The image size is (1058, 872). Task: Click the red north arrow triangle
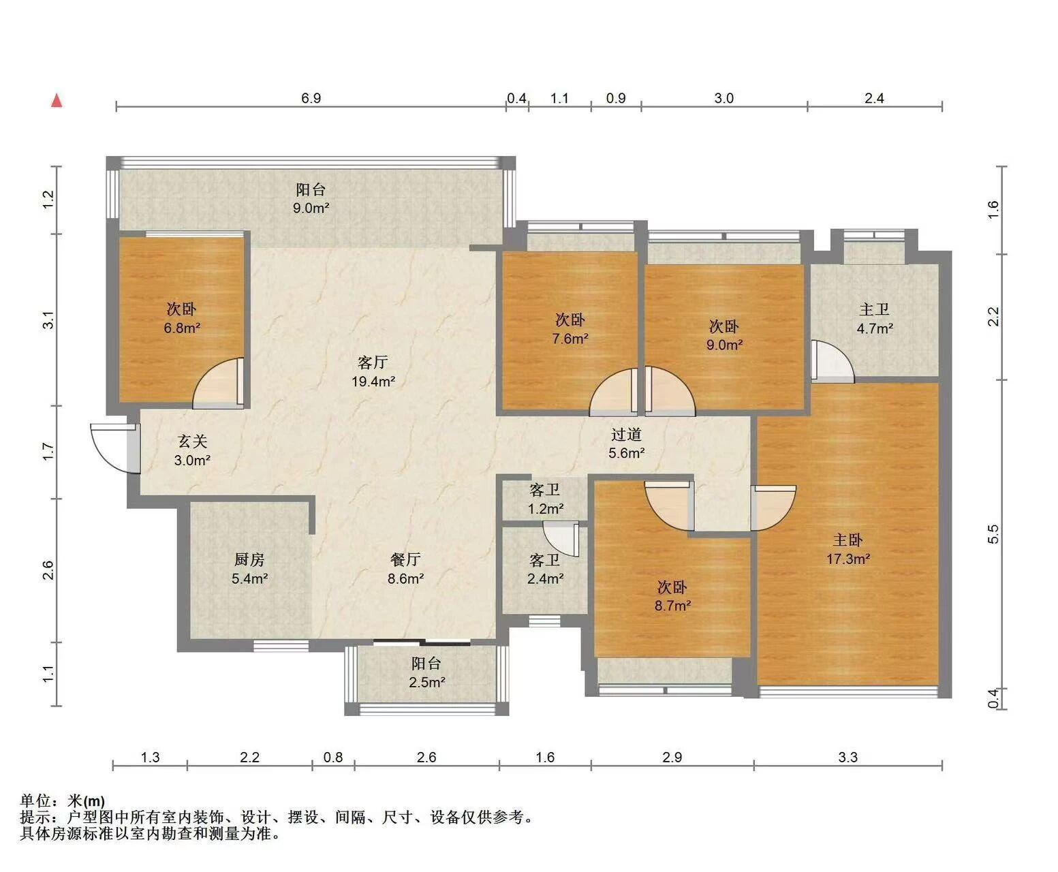[x=57, y=101]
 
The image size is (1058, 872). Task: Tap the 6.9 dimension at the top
[x=311, y=98]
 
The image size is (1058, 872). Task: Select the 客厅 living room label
[x=373, y=362]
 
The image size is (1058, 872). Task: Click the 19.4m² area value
[x=373, y=381]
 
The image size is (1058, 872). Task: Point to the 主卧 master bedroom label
[x=847, y=540]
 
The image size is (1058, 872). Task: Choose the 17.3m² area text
[x=848, y=559]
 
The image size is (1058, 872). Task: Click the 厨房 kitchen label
[x=249, y=559]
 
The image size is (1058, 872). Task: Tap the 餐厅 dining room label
[x=405, y=559]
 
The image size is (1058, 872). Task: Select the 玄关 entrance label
[x=193, y=441]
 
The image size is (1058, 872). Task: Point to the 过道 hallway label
[x=626, y=434]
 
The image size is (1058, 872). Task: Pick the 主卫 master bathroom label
[x=874, y=309]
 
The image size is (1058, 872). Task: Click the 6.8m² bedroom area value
[x=182, y=328]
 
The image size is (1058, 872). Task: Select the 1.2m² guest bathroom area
[x=545, y=508]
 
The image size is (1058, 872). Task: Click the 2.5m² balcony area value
[x=426, y=683]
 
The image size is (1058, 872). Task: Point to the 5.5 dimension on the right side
[x=993, y=534]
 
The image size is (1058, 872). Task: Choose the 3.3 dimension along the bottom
[x=847, y=758]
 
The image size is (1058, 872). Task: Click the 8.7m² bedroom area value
[x=672, y=606]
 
